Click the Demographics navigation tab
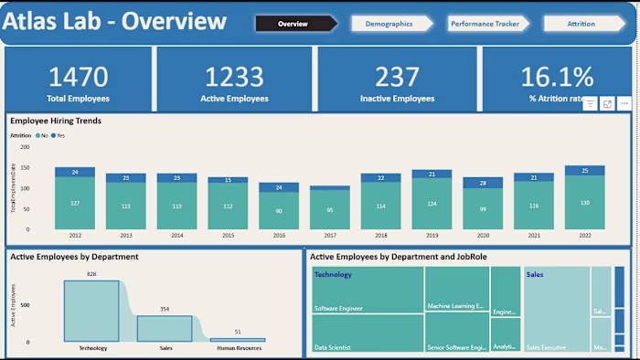389,24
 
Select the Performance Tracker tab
485,24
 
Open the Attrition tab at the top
581,24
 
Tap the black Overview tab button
293,24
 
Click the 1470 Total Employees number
78,77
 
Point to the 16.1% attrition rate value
556,77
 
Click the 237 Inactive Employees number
396,77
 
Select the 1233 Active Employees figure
234,77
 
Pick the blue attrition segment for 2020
483,183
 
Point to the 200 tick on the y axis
25,146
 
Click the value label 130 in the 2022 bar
584,203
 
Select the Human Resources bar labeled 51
238,339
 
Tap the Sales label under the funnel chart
165,348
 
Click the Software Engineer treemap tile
368,290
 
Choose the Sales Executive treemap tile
556,311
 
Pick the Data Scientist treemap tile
368,334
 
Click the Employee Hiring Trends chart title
56,120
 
